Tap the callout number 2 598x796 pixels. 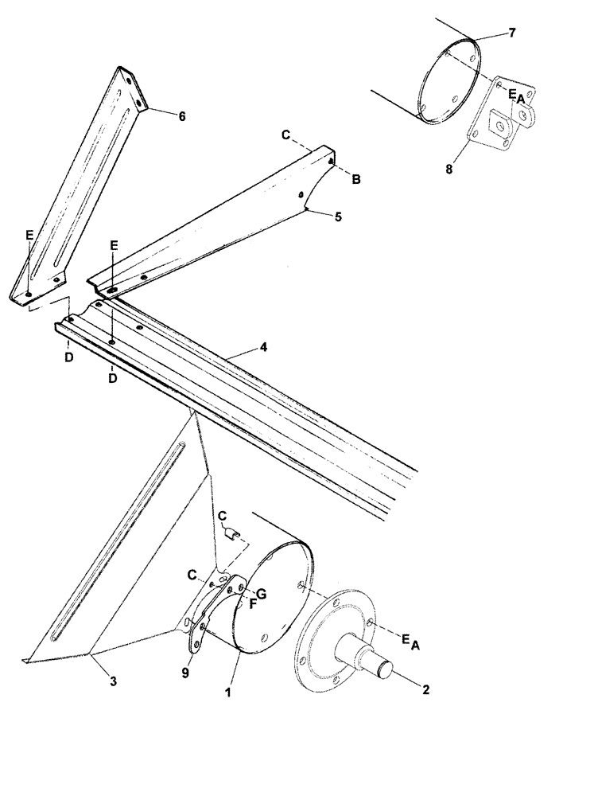pyautogui.click(x=425, y=690)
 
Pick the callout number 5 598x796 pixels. pyautogui.click(x=339, y=217)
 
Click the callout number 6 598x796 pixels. pyautogui.click(x=182, y=116)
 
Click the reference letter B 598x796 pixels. pyautogui.click(x=356, y=180)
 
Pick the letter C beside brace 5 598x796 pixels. pyautogui.click(x=285, y=135)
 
